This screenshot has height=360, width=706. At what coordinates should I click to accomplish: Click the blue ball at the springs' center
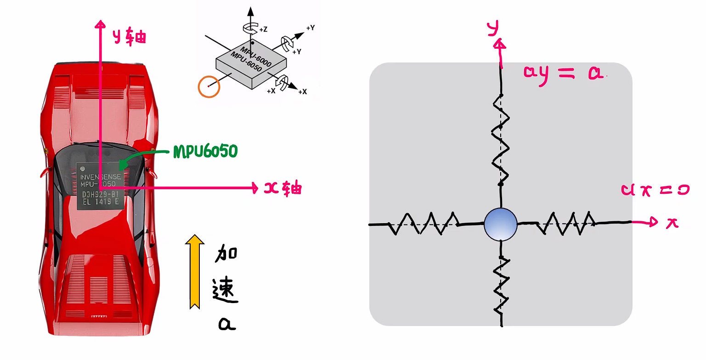501,224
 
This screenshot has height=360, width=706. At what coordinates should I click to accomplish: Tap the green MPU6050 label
205,152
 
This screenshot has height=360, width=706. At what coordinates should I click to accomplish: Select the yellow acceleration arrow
195,271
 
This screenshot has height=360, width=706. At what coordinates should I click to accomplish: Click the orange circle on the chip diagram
209,86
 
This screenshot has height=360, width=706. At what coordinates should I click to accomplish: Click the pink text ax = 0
655,190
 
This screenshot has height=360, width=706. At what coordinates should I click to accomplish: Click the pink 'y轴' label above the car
130,36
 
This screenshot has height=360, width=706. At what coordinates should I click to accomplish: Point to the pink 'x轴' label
283,188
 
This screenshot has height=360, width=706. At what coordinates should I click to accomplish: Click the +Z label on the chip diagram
263,29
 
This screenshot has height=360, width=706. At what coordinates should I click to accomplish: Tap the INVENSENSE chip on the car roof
101,186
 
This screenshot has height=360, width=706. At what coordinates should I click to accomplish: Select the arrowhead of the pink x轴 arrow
254,187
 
